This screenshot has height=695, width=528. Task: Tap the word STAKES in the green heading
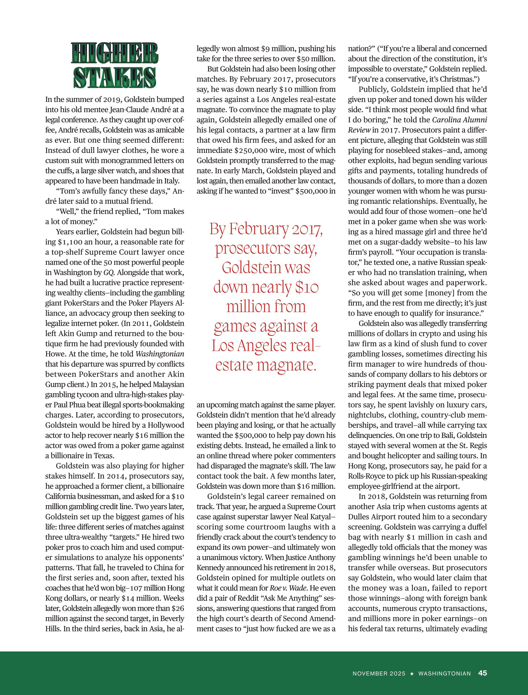pyautogui.click(x=115, y=77)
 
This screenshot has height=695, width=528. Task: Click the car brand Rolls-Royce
pyautogui.click(x=367, y=476)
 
